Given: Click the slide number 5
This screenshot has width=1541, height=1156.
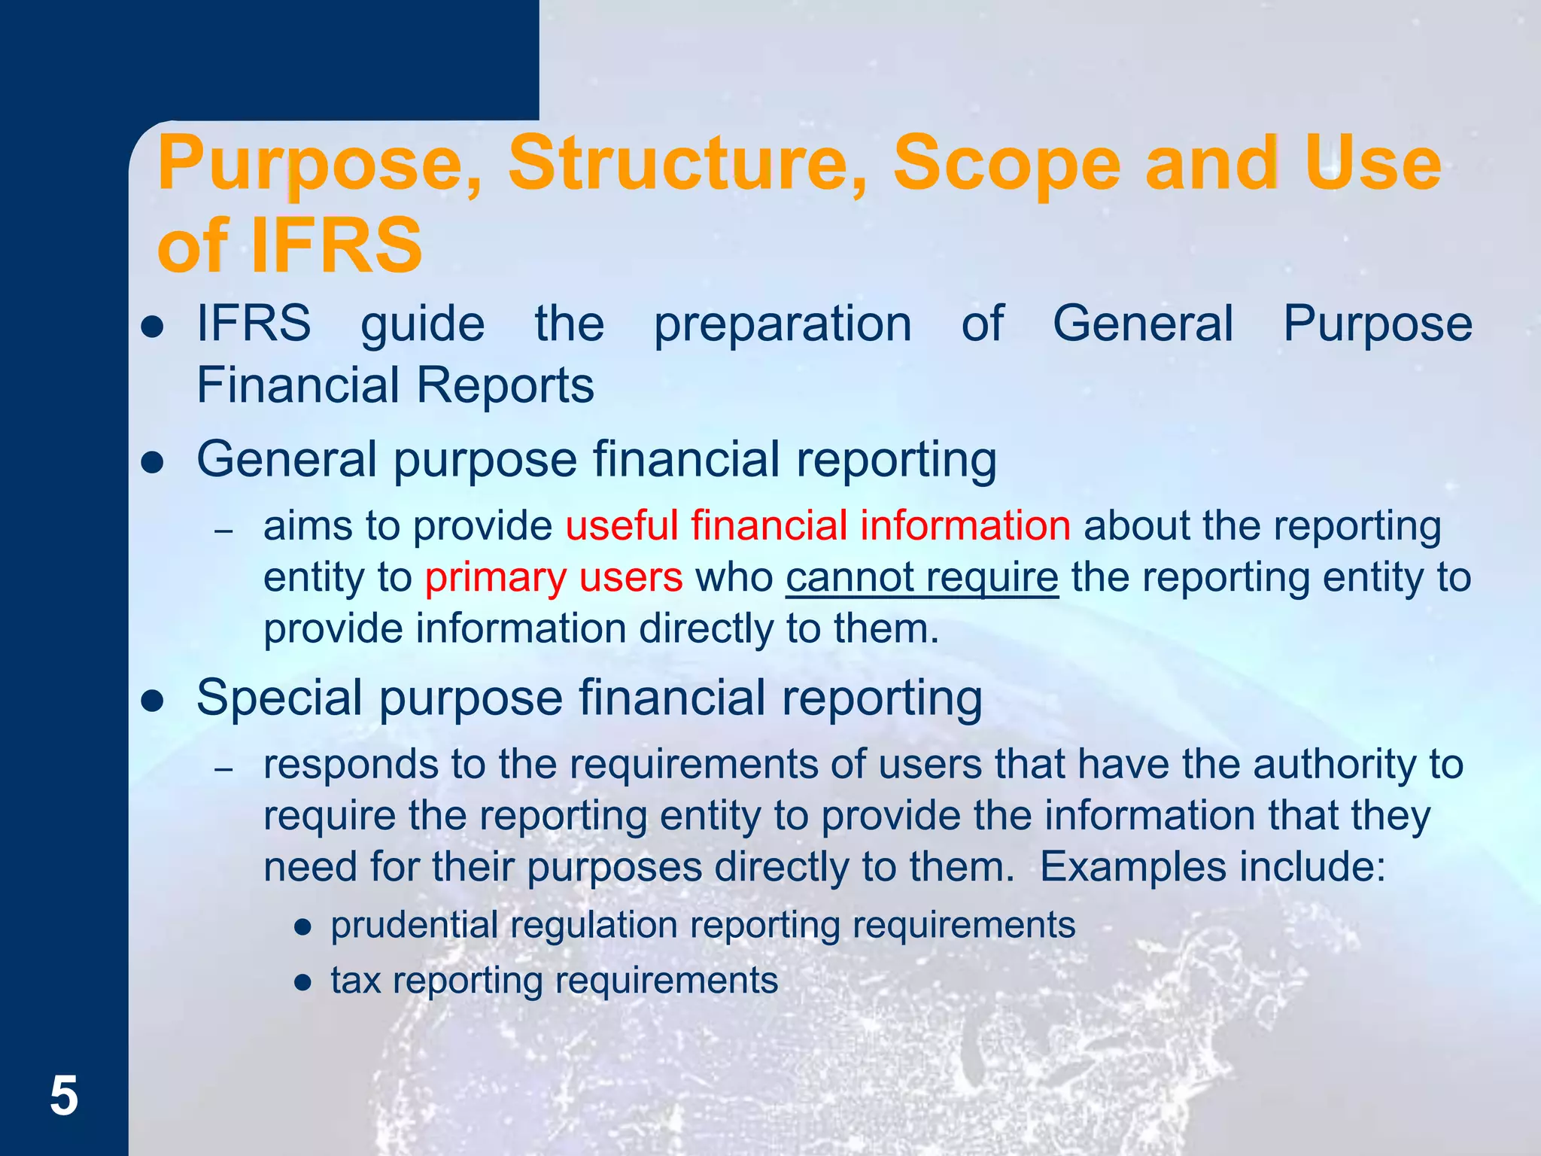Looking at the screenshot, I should click(64, 1097).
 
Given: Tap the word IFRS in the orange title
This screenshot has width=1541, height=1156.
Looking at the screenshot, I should click(336, 245).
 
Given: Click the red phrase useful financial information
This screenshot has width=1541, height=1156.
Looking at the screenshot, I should click(818, 525).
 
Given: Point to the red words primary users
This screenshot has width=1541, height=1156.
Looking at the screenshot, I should click(554, 577).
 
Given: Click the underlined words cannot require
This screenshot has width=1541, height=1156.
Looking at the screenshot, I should click(922, 577).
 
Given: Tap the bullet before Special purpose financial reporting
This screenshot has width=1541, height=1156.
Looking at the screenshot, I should click(153, 700).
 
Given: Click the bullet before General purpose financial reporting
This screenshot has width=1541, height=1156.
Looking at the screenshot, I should click(153, 461).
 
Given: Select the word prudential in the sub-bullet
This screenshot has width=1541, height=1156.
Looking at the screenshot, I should click(414, 925).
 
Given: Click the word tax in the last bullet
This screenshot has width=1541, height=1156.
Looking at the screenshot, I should click(355, 981).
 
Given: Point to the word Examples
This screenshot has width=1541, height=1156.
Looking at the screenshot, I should click(1133, 867).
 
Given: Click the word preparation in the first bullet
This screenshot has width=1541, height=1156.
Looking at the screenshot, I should click(783, 324).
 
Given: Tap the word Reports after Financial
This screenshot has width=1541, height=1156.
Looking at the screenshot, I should click(505, 385).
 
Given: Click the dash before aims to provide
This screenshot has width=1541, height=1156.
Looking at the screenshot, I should click(223, 531).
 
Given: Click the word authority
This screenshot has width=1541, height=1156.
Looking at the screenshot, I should click(1327, 765).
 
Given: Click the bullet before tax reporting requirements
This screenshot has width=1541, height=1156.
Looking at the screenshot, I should click(303, 983).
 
